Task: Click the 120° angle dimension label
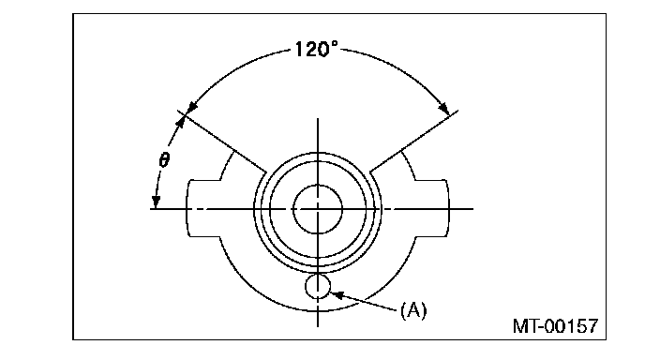(316, 49)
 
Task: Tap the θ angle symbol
(164, 159)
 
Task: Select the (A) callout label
(413, 309)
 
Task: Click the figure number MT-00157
(555, 326)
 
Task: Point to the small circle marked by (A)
(318, 286)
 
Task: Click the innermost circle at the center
(318, 209)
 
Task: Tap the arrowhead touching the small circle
(337, 294)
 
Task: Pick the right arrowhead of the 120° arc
(443, 108)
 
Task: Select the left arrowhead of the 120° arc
(191, 107)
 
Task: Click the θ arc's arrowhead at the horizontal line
(156, 202)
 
